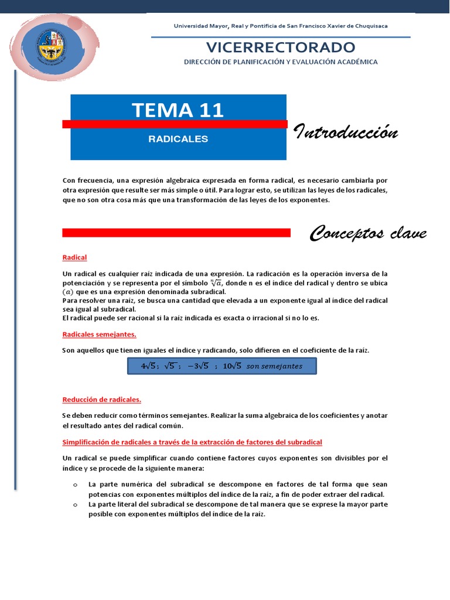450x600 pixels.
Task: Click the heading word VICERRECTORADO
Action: [x=281, y=47]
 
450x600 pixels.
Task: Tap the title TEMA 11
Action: [x=178, y=110]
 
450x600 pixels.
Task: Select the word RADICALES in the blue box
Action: [x=178, y=139]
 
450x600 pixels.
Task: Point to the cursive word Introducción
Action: [x=346, y=132]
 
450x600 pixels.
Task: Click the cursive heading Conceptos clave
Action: [x=368, y=234]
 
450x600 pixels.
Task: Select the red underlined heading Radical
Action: [x=74, y=257]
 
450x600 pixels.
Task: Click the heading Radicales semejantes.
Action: [x=99, y=335]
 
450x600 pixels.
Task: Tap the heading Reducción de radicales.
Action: [x=102, y=400]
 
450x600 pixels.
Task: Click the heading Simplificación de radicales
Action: [x=192, y=441]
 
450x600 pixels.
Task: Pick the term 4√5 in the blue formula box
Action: [x=149, y=366]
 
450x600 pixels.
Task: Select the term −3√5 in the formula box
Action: [x=199, y=366]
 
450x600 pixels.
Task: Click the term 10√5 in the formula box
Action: [x=232, y=366]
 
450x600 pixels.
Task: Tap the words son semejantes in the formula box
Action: [x=274, y=366]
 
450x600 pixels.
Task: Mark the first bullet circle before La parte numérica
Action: [x=76, y=485]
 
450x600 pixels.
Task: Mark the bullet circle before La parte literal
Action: [x=76, y=504]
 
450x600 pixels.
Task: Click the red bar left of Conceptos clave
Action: [x=176, y=233]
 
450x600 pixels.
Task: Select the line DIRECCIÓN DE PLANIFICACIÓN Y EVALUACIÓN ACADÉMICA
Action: [x=281, y=62]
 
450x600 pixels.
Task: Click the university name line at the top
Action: [x=281, y=26]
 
